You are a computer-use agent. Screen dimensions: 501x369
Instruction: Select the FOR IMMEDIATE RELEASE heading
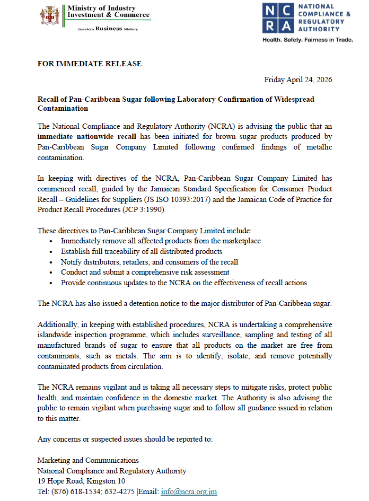pyautogui.click(x=90, y=64)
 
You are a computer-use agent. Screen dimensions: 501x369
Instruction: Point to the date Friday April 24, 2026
pyautogui.click(x=298, y=80)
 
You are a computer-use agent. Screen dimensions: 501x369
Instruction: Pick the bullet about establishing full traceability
pyautogui.click(x=142, y=251)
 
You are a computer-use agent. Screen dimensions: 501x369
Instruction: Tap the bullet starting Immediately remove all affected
pyautogui.click(x=153, y=241)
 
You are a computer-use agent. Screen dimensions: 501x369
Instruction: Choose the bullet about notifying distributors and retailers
pyautogui.click(x=149, y=262)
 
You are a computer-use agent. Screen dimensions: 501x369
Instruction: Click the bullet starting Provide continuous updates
pyautogui.click(x=183, y=283)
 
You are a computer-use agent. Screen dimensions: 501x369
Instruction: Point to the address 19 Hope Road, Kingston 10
pyautogui.click(x=81, y=481)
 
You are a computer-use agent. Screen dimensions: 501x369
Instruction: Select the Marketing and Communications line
pyautogui.click(x=88, y=460)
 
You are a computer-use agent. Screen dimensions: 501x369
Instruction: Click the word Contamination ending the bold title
pyautogui.click(x=63, y=108)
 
